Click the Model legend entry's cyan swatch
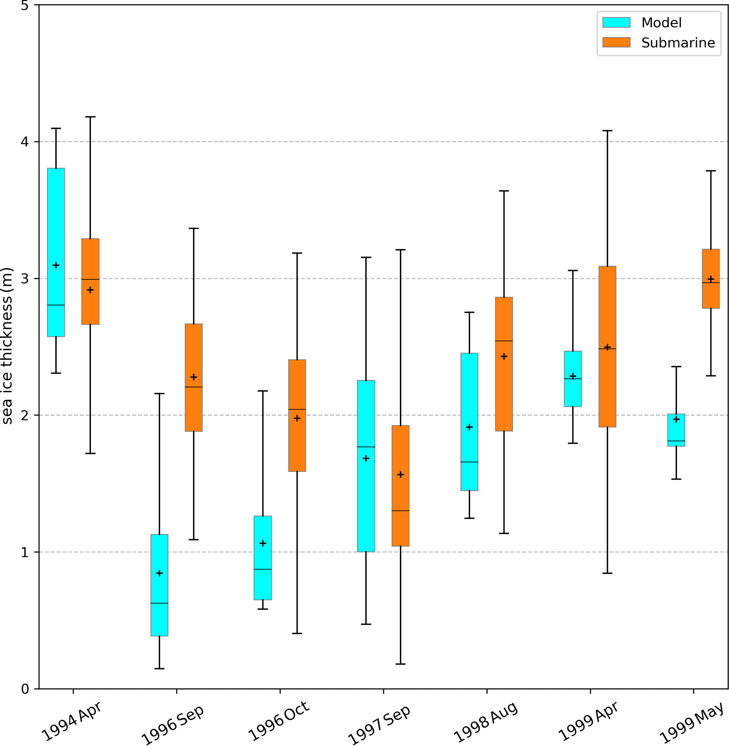616,23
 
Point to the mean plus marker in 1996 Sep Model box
159,573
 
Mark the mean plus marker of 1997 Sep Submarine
401,475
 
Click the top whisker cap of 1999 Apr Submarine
607,131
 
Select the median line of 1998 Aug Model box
469,462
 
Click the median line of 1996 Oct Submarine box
297,409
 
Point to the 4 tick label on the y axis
25,142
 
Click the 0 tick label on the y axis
25,689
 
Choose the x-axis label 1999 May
692,722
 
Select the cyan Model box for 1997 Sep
366,466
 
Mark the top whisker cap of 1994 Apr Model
56,129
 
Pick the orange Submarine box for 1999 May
711,278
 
